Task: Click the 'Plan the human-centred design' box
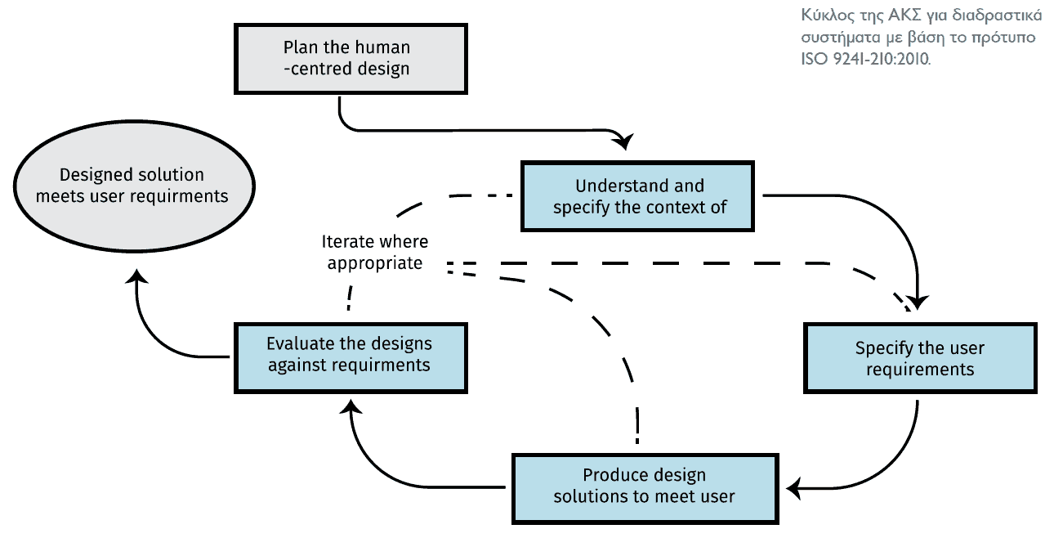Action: [351, 59]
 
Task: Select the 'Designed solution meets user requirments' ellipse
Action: [135, 186]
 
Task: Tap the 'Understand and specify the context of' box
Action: [637, 196]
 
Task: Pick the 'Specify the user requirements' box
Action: [920, 358]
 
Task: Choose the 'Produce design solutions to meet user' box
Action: [645, 489]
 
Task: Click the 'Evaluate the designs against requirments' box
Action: [351, 358]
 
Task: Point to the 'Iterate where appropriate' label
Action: [375, 253]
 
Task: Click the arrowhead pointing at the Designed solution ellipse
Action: [137, 276]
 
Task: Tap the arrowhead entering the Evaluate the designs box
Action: [351, 407]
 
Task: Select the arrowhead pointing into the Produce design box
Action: [794, 489]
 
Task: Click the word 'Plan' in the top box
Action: [300, 47]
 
